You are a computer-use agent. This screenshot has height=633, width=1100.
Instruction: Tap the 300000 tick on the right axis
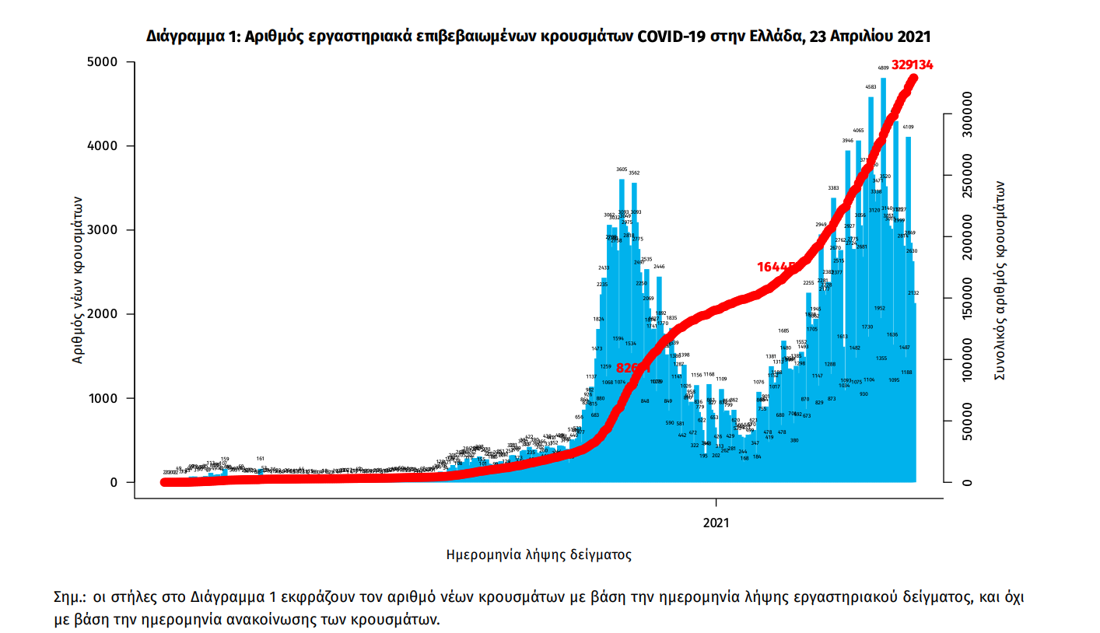click(x=962, y=114)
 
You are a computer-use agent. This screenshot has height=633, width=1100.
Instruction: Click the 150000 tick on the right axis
click(x=962, y=298)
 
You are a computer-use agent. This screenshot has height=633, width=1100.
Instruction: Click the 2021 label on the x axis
click(x=716, y=523)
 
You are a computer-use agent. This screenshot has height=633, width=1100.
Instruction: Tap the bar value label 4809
click(x=883, y=68)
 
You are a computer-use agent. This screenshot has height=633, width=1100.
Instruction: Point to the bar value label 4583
click(x=871, y=87)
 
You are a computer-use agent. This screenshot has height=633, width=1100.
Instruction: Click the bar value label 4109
click(x=908, y=127)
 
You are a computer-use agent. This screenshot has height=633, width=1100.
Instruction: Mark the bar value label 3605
click(x=622, y=169)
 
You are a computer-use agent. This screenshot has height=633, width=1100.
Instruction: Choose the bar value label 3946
click(x=847, y=141)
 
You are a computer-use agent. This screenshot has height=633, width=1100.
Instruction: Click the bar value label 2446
click(x=659, y=266)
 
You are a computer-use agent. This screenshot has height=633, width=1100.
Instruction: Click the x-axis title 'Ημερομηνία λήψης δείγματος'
click(x=538, y=554)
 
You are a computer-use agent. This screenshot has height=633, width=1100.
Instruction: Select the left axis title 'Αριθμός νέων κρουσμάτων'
click(x=78, y=280)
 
